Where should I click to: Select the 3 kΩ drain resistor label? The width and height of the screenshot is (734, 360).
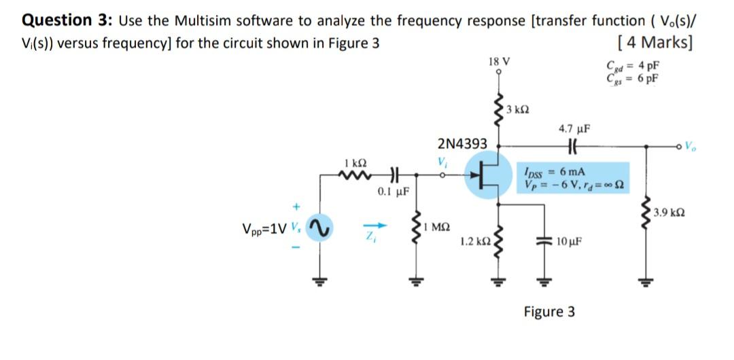tap(521, 109)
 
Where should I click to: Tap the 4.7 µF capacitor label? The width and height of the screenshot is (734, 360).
tap(574, 128)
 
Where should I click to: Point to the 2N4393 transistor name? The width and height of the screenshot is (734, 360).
tap(462, 144)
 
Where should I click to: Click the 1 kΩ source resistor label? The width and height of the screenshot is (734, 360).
tap(355, 163)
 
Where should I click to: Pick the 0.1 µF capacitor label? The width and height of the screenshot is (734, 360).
tap(392, 192)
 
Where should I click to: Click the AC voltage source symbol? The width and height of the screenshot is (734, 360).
tap(314, 229)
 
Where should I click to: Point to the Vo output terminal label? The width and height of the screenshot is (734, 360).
tap(691, 145)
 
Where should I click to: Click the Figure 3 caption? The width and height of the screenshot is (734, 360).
tap(549, 312)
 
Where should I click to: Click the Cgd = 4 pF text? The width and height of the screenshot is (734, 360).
tap(632, 67)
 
